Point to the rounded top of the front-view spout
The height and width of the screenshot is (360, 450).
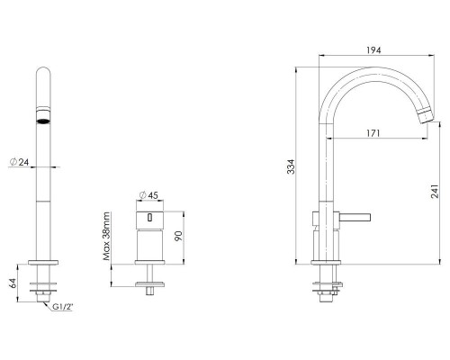[x=43, y=72]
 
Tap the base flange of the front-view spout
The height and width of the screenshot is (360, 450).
[x=43, y=265]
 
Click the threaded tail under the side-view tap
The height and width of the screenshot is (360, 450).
[x=326, y=292]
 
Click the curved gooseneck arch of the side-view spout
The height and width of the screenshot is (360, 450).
[x=369, y=76]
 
